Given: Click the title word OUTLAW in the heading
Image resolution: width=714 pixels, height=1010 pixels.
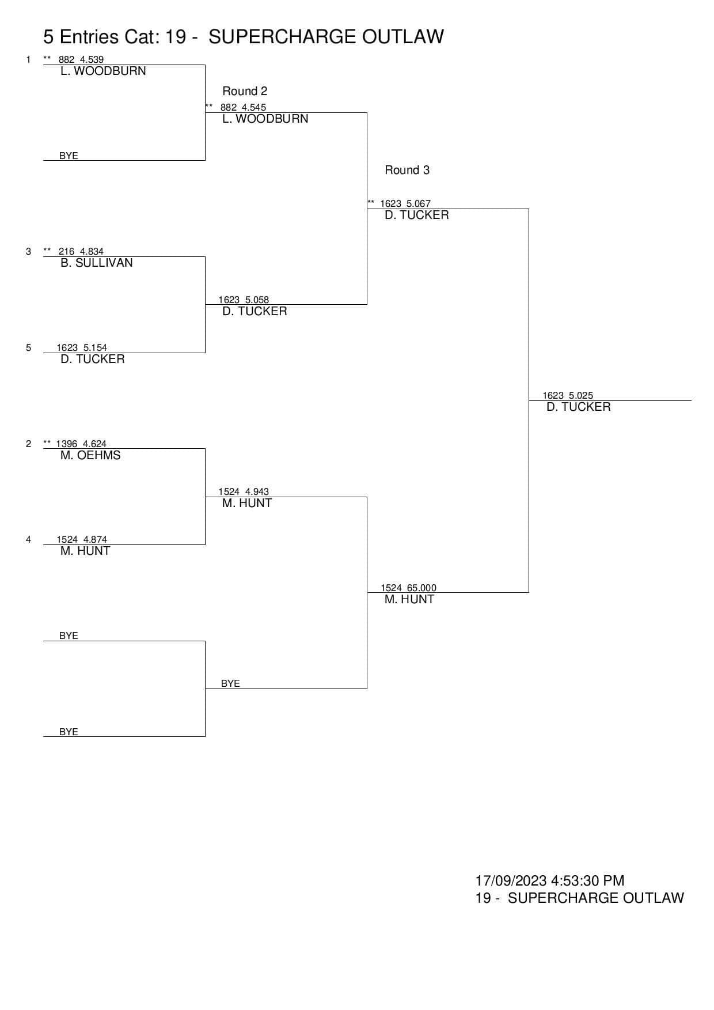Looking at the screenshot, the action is tap(403, 37).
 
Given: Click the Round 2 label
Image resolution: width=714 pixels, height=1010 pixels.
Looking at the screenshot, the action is tap(245, 91).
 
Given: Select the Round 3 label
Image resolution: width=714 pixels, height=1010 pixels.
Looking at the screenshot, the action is tap(407, 170).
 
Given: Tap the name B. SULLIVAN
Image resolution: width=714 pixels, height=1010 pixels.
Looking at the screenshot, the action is tap(97, 263).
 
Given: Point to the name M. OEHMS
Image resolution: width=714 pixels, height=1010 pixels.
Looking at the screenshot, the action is tap(90, 455).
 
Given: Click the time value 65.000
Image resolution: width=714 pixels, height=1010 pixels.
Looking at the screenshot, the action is tap(421, 588).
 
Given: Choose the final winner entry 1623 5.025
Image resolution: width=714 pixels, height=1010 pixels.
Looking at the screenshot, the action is tap(568, 395).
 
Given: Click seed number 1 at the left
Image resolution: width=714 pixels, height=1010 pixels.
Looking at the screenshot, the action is tap(28, 59).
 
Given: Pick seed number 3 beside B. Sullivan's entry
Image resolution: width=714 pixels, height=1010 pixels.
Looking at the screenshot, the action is tap(28, 251).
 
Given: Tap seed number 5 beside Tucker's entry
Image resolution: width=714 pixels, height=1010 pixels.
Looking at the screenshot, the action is tap(28, 347).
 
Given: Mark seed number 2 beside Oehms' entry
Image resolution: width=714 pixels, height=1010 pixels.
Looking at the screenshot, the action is tap(28, 444).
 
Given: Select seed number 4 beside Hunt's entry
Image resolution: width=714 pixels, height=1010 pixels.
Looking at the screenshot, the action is tap(28, 539).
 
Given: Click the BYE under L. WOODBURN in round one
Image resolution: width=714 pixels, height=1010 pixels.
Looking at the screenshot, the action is tap(69, 156).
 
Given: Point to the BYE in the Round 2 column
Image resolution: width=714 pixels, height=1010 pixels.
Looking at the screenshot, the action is tap(230, 683).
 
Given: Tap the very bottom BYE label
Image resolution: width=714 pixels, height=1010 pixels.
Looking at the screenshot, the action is tap(69, 732).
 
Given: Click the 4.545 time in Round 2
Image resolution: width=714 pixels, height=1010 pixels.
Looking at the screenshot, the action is tap(254, 107).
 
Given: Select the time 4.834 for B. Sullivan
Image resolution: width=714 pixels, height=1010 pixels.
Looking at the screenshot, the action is tap(92, 251).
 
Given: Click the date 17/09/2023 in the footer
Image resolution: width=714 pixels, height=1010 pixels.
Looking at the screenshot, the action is tap(511, 880).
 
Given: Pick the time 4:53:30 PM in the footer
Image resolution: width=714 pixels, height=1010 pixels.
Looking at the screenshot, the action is tap(587, 880).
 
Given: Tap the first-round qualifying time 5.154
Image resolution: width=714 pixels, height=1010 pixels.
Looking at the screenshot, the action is tap(95, 347).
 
